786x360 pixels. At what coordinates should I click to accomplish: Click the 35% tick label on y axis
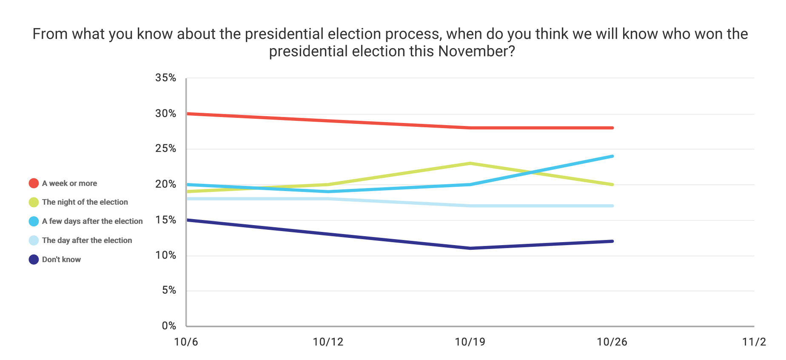pos(165,78)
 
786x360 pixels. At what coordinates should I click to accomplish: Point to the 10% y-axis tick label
pos(165,255)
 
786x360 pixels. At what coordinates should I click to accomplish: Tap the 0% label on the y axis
pos(169,326)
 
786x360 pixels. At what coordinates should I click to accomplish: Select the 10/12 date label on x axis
pos(327,342)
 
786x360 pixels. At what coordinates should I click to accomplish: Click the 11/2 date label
pos(754,342)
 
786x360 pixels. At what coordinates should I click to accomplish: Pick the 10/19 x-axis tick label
pos(470,342)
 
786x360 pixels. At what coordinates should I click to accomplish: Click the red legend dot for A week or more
pos(34,183)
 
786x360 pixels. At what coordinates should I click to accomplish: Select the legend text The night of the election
pos(85,202)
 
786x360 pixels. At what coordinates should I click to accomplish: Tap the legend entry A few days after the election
pos(92,221)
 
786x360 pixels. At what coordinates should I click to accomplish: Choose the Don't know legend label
pos(61,260)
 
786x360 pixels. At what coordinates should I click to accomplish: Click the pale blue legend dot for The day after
pos(34,240)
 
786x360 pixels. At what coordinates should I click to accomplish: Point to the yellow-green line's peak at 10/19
pos(470,163)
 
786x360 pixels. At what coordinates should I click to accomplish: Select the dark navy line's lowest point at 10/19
pos(470,248)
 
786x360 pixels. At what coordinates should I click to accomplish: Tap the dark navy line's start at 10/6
pos(187,220)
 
